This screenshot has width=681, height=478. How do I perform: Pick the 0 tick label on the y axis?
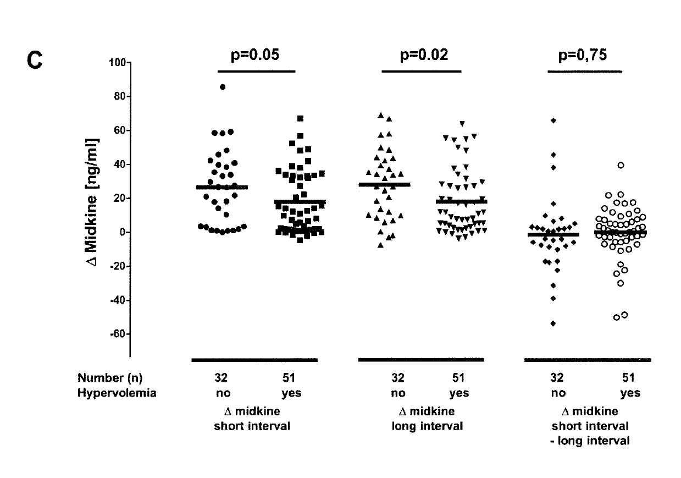124,232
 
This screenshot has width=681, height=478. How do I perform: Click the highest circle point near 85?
223,87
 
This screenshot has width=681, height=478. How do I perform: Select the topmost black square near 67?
301,118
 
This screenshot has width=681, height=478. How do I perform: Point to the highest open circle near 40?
621,165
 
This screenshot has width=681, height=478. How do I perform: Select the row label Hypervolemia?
117,393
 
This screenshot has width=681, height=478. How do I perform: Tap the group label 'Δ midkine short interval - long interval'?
591,426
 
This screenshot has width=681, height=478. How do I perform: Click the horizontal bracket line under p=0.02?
422,71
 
